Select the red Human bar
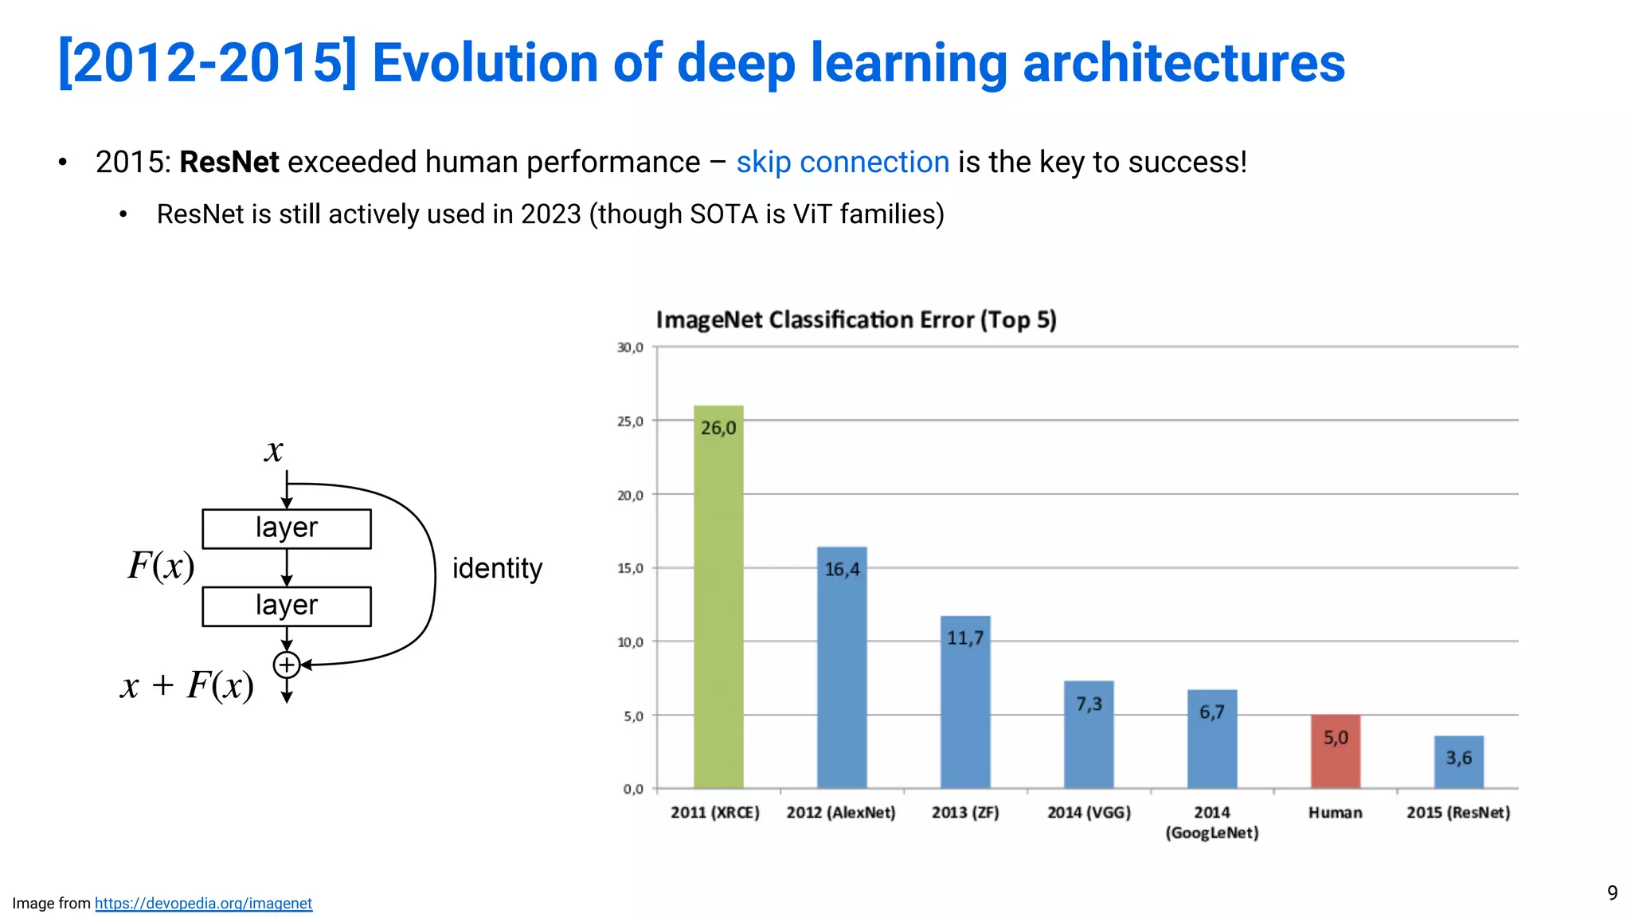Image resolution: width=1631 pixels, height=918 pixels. [x=1336, y=753]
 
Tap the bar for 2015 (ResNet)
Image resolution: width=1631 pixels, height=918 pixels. [x=1459, y=763]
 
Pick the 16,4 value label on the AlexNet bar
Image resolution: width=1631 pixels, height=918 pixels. [x=842, y=569]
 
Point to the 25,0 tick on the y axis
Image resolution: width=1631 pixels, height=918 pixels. [x=630, y=421]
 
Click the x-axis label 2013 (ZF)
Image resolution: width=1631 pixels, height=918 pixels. [x=965, y=812]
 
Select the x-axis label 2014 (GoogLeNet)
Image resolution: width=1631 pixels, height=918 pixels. [x=1212, y=822]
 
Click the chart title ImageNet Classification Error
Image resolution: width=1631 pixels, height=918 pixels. [x=855, y=320]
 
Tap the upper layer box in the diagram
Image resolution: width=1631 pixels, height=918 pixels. [x=287, y=528]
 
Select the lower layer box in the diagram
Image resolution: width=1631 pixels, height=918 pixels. [x=287, y=606]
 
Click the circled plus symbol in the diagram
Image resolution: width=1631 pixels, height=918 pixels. [x=287, y=665]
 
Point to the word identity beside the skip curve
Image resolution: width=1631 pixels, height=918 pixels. [x=497, y=568]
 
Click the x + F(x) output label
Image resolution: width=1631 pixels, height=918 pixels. [x=187, y=685]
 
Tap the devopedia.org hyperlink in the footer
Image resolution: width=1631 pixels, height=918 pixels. [x=203, y=903]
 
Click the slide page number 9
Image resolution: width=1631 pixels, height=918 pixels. [x=1612, y=892]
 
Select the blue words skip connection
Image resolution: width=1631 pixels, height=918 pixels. [x=842, y=162]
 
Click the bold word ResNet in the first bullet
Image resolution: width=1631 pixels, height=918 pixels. [x=229, y=162]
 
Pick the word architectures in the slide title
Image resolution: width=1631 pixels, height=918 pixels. [x=1183, y=63]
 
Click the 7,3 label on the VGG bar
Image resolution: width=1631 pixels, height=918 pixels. [x=1089, y=704]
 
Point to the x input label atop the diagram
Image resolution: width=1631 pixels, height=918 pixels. [x=273, y=451]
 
